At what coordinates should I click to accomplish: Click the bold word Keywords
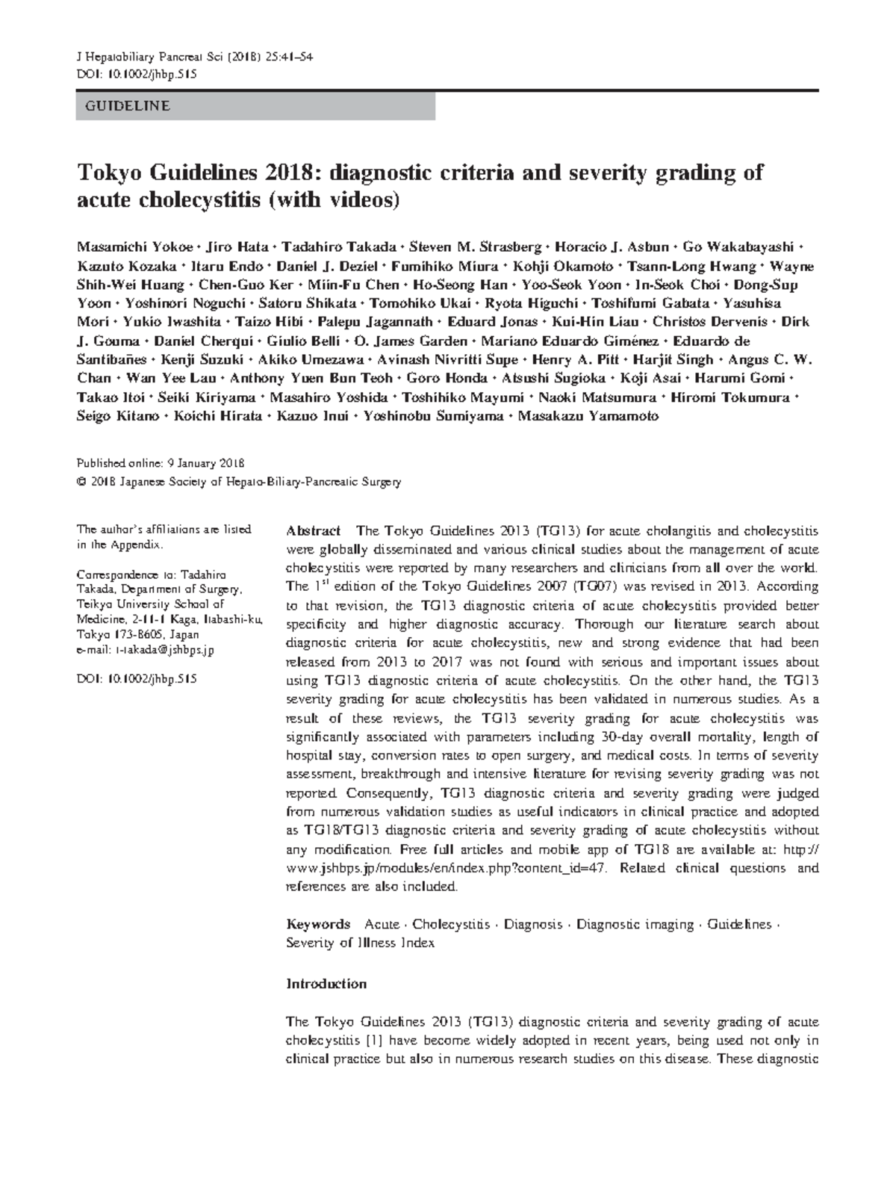(x=318, y=925)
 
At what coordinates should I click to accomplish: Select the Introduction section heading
(x=326, y=984)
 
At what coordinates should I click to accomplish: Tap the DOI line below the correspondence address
(x=137, y=679)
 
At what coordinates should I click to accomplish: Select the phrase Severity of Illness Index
(x=360, y=943)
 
